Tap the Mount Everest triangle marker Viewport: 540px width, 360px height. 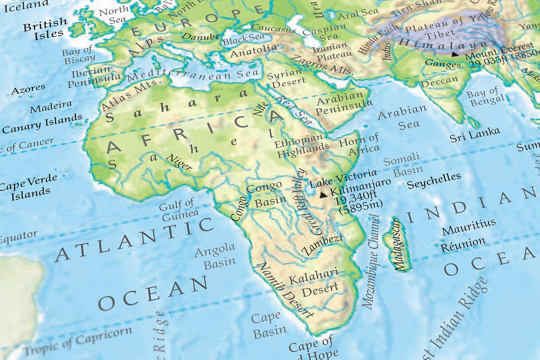[x=455, y=54]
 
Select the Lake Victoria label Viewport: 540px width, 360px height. [x=343, y=178]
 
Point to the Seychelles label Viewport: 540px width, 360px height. [x=433, y=180]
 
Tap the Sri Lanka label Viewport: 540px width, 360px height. [x=475, y=135]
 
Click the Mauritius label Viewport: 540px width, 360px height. [x=469, y=227]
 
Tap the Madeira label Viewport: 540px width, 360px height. [x=51, y=107]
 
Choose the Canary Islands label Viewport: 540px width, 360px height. [x=42, y=124]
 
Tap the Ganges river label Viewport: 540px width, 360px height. [x=443, y=64]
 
